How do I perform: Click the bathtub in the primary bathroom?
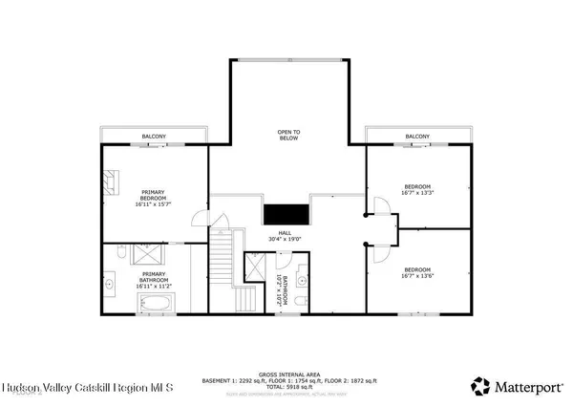[x=155, y=304]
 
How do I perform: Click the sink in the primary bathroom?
[x=109, y=284]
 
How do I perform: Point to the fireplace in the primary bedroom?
[x=111, y=179]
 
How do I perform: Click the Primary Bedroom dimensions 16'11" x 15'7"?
[x=153, y=204]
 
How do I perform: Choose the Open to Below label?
[x=288, y=137]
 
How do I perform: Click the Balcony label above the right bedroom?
[x=417, y=137]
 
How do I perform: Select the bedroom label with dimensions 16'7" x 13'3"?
[x=418, y=189]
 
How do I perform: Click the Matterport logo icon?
[x=478, y=386]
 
